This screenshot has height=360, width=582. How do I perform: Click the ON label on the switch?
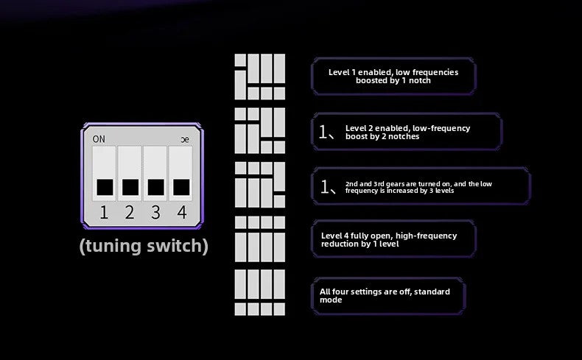[99, 139]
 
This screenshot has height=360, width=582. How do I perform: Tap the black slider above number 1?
[105, 187]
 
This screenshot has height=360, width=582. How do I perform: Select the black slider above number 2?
[130, 187]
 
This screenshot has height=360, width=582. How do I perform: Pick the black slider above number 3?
[156, 187]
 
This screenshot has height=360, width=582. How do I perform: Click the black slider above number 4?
[181, 187]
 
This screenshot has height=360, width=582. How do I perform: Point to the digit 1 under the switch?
[104, 213]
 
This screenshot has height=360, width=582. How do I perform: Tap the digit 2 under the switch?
[130, 213]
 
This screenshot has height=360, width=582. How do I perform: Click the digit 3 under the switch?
[156, 213]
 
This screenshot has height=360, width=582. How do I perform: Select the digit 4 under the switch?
[181, 213]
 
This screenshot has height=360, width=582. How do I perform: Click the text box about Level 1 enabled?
[393, 76]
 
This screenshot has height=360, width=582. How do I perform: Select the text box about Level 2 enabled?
[407, 132]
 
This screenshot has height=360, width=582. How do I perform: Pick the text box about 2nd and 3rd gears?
[421, 186]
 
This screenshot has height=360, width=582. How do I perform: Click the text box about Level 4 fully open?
[393, 239]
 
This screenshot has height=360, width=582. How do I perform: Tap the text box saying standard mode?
[388, 296]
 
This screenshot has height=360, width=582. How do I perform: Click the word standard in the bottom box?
[432, 292]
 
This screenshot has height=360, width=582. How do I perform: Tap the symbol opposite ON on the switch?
[185, 140]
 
